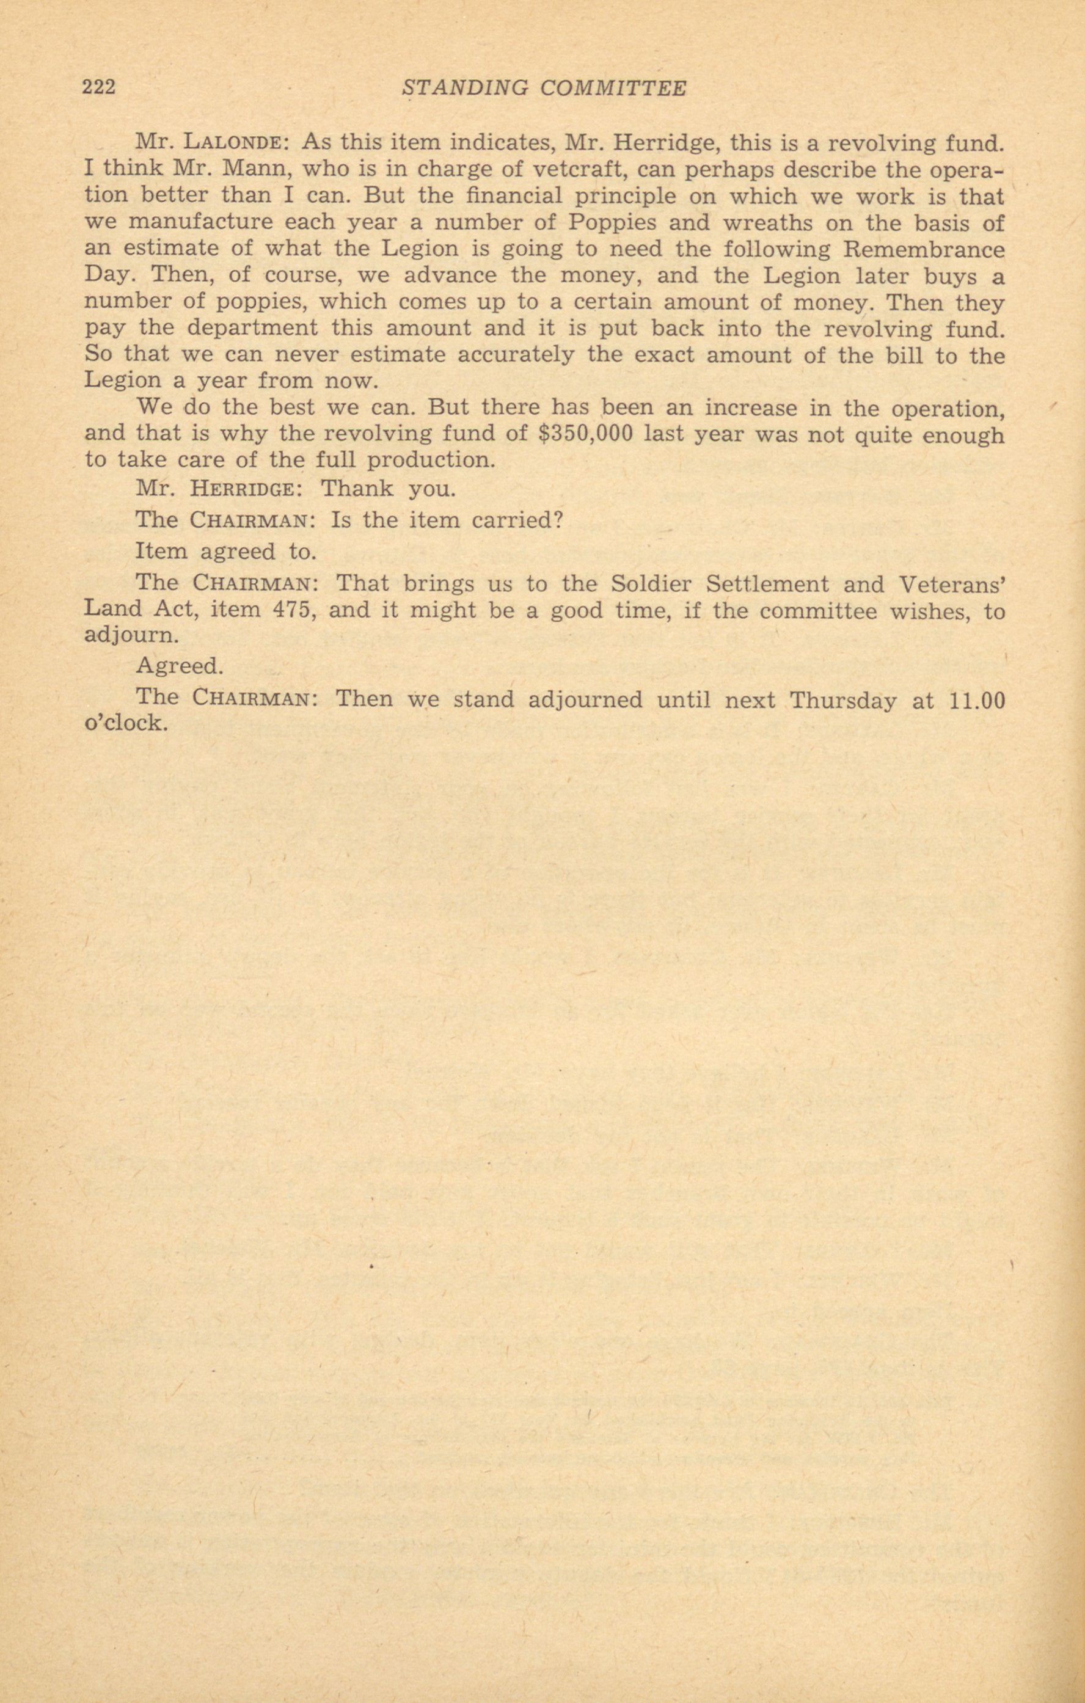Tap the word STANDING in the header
click(463, 89)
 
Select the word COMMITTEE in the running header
click(613, 89)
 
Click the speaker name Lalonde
click(233, 143)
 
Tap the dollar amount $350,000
click(585, 434)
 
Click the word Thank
click(357, 489)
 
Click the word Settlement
click(768, 584)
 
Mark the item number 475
click(293, 610)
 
